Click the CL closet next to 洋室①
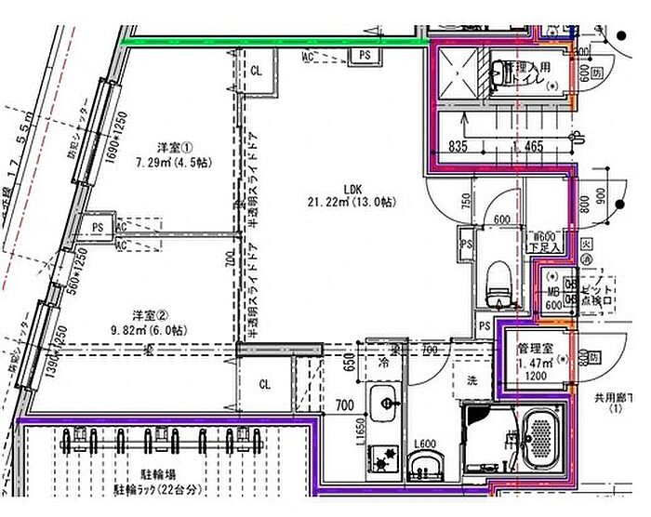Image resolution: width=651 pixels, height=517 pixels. coord(256,70)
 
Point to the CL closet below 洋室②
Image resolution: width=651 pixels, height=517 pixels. coord(264,382)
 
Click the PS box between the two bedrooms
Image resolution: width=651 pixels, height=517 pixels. coord(97,226)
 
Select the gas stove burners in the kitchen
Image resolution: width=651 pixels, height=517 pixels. coord(382,458)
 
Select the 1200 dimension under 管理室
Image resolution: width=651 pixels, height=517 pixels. coord(532,378)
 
